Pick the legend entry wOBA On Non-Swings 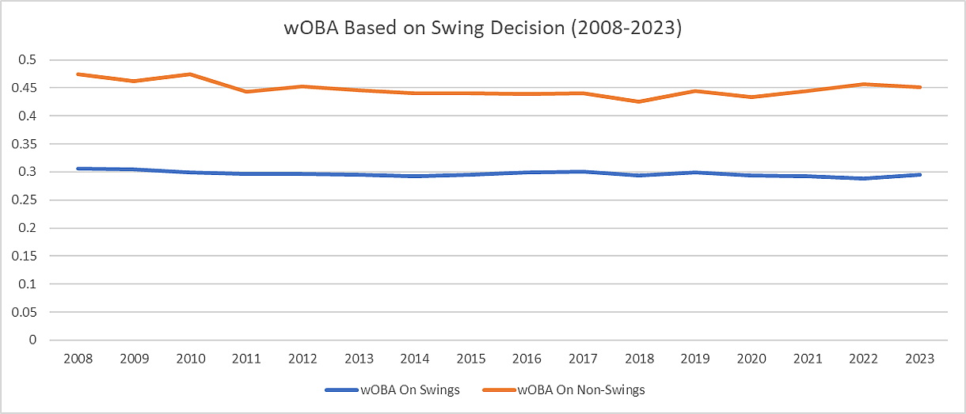pos(582,389)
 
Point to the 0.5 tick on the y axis pos(29,60)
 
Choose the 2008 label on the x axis pos(78,359)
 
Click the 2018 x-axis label pos(639,359)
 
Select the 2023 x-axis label pos(919,359)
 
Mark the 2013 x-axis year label pos(359,359)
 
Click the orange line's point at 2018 pos(639,101)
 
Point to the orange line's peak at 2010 pos(190,74)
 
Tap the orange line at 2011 pos(246,92)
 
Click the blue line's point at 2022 pos(863,178)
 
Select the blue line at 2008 pos(78,169)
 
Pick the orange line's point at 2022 pos(863,84)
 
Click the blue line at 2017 pos(583,171)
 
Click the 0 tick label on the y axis pos(33,340)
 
